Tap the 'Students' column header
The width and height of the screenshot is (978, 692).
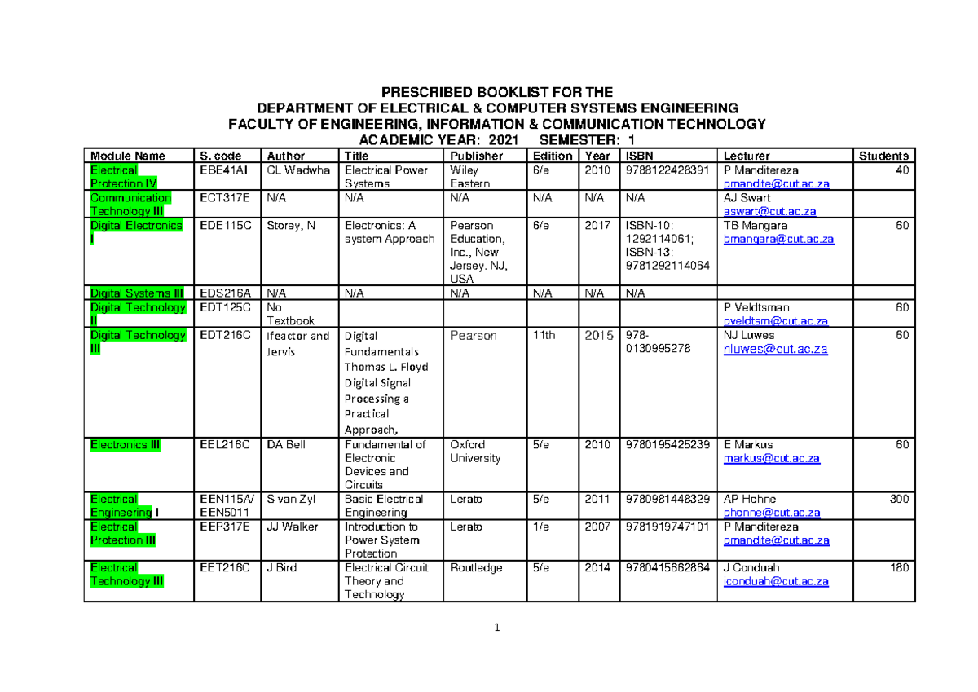pos(883,156)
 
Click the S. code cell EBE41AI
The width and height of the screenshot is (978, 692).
pos(220,170)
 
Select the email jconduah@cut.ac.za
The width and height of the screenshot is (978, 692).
pos(776,581)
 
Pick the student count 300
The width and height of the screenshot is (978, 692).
pos(899,499)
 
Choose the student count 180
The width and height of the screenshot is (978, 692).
pos(899,567)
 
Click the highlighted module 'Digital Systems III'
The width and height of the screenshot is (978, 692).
pos(137,293)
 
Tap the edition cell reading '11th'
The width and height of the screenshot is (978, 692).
pos(544,335)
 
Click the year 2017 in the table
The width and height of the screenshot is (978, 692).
pos(597,225)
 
